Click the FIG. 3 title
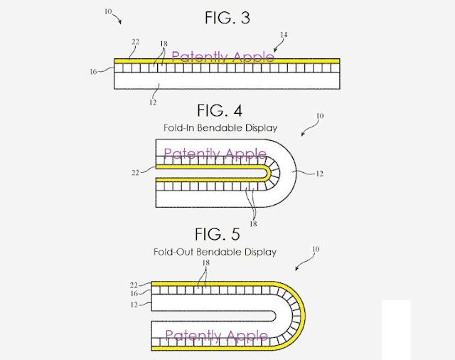point(227,18)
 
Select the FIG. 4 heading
point(220,110)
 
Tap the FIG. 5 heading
point(218,234)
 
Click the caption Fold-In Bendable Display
point(220,128)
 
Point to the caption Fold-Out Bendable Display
point(215,252)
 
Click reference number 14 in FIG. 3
point(284,35)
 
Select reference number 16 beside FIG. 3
point(93,72)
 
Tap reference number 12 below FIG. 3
point(153,102)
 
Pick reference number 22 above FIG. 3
point(136,42)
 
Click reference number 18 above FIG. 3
point(164,44)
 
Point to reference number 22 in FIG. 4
point(136,173)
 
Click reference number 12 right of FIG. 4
point(319,174)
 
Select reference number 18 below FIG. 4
point(253,223)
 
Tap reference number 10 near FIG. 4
point(320,116)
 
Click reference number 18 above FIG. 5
point(205,263)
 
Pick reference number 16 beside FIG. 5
point(134,294)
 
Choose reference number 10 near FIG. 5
point(316,249)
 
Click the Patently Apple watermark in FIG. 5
point(216,336)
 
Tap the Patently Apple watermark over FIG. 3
point(223,57)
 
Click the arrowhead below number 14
point(275,50)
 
